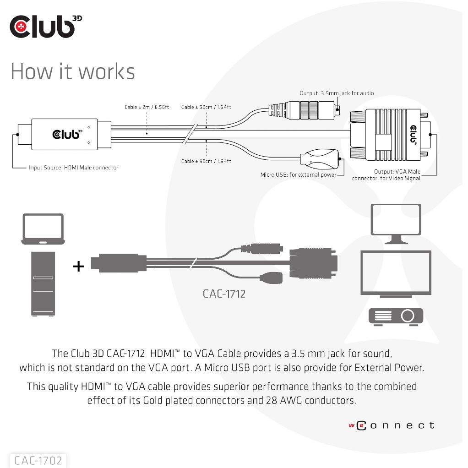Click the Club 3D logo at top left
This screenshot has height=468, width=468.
click(45, 27)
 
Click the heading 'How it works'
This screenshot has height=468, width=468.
click(73, 71)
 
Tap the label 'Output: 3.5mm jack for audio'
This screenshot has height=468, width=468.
click(337, 93)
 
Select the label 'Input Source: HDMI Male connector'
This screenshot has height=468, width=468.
click(73, 168)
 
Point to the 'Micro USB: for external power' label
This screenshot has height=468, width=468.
click(298, 174)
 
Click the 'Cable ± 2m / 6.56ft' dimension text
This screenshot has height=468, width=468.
click(147, 107)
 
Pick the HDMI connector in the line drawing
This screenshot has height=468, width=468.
click(64, 134)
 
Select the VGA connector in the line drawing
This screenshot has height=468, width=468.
click(389, 134)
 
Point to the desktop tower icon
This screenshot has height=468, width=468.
click(43, 284)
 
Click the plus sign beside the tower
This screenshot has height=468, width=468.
click(79, 266)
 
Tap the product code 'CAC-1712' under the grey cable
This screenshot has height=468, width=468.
click(224, 294)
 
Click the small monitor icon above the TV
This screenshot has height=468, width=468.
click(396, 223)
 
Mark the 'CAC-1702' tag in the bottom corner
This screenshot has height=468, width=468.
click(38, 460)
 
